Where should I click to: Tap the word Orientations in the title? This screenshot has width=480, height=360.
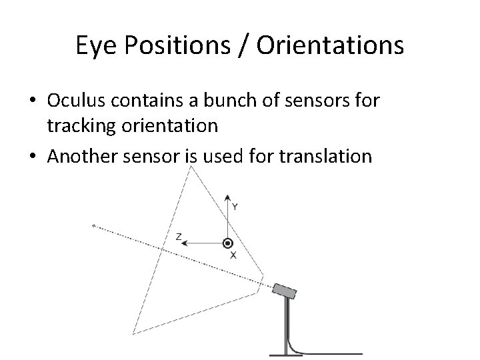click(x=328, y=45)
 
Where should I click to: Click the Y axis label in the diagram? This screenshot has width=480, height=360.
click(x=235, y=207)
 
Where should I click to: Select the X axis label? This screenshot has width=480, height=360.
click(x=233, y=255)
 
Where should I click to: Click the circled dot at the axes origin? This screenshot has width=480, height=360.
click(x=228, y=244)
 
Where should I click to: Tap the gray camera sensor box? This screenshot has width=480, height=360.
click(x=284, y=291)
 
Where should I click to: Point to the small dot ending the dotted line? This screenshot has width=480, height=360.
click(x=93, y=225)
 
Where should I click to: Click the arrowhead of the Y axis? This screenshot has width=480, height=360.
click(x=228, y=199)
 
